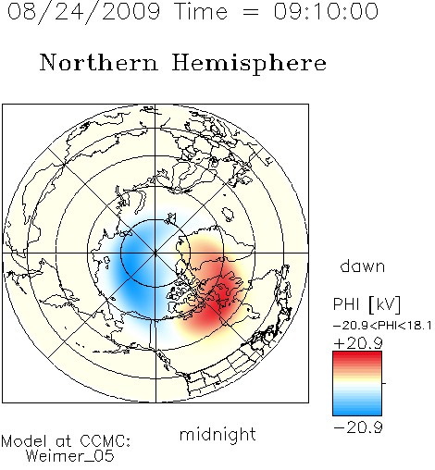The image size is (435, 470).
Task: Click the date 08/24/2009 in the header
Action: pyautogui.click(x=84, y=12)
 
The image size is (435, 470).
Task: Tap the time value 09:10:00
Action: pyautogui.click(x=326, y=11)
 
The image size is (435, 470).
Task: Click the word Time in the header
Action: pyautogui.click(x=201, y=11)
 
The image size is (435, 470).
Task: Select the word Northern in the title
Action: pyautogui.click(x=99, y=62)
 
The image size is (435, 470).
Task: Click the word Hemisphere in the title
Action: pyautogui.click(x=249, y=64)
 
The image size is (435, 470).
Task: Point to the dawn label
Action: pyautogui.click(x=363, y=266)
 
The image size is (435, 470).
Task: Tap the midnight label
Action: pyautogui.click(x=217, y=434)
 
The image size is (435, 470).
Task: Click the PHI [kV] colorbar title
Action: pyautogui.click(x=367, y=304)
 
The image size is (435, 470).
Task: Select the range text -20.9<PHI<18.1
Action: pyautogui.click(x=382, y=326)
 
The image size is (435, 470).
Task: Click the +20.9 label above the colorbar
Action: pyautogui.click(x=358, y=343)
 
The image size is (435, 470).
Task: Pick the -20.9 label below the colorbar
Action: pyautogui.click(x=358, y=427)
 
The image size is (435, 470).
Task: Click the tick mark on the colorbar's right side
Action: pyautogui.click(x=384, y=383)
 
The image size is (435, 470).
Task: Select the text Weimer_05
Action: pyautogui.click(x=70, y=456)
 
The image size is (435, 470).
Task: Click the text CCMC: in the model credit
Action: pyautogui.click(x=106, y=441)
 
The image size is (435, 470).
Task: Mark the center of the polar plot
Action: pyautogui.click(x=155, y=254)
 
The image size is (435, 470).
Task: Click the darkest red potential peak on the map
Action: pyautogui.click(x=223, y=294)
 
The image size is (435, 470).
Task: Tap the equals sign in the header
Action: pyautogui.click(x=251, y=12)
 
